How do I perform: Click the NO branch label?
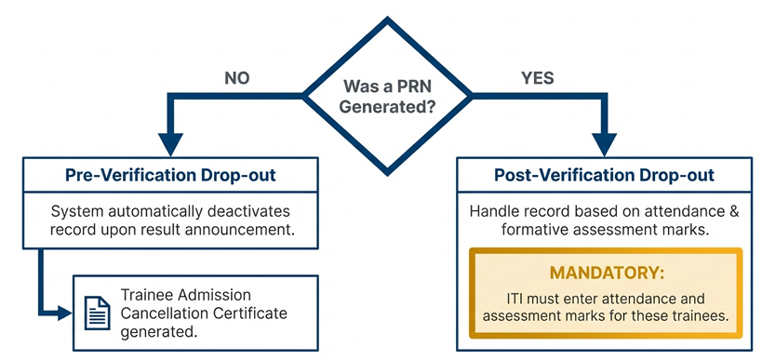point(237,78)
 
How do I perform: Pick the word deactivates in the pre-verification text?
point(251,209)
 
